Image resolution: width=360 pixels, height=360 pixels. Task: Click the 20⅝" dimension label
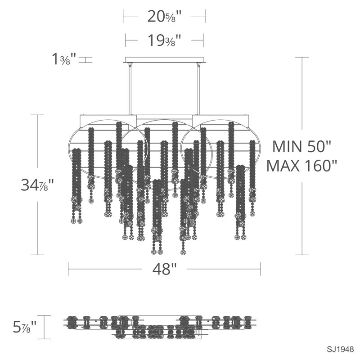click(x=164, y=17)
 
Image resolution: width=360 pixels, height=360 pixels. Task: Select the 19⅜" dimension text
click(x=164, y=40)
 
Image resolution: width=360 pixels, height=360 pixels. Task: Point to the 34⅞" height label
click(x=37, y=185)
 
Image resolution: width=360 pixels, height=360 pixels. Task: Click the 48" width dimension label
click(x=164, y=269)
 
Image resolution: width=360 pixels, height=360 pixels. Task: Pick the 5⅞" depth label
click(x=25, y=327)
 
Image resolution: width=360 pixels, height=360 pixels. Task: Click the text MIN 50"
click(x=301, y=146)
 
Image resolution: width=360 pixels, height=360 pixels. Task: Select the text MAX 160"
click(x=301, y=166)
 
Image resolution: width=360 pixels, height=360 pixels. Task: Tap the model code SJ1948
click(x=340, y=350)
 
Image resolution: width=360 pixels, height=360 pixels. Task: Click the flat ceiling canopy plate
click(x=164, y=60)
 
